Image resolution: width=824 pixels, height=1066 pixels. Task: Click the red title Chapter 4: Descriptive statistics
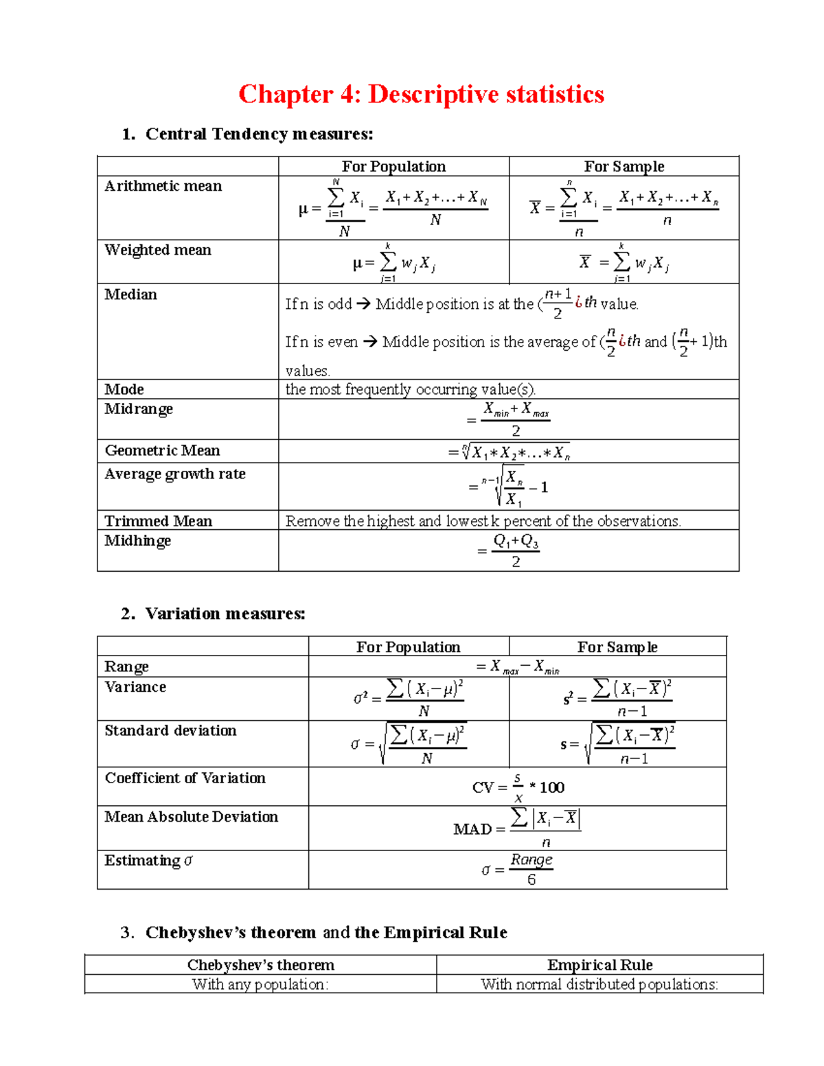click(x=421, y=94)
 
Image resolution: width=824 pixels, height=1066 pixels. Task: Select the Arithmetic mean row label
click(x=163, y=186)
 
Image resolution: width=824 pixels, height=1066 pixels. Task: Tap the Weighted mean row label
click(x=158, y=250)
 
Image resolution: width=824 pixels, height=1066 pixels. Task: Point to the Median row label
click(x=131, y=294)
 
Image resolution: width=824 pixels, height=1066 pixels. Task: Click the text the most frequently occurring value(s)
click(x=410, y=389)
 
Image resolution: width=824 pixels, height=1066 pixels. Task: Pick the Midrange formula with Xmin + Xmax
click(x=509, y=419)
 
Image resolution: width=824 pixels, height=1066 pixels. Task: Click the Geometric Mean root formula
click(x=509, y=452)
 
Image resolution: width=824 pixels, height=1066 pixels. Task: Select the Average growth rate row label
click(x=175, y=474)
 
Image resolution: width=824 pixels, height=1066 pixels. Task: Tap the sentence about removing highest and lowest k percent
click(x=483, y=521)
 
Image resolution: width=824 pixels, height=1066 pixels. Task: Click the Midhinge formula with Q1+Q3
click(x=509, y=551)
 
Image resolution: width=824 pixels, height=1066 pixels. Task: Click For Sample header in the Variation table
click(x=617, y=647)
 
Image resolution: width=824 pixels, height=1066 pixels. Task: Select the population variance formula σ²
click(x=409, y=698)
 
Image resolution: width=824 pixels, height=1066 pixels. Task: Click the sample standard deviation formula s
click(x=618, y=743)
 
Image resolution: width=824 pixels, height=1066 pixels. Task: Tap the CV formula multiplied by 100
click(x=518, y=787)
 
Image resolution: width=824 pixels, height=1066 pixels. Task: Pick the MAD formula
click(x=518, y=829)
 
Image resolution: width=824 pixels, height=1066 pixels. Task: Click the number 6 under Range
click(x=531, y=880)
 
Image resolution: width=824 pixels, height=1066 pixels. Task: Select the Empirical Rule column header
click(x=599, y=964)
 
